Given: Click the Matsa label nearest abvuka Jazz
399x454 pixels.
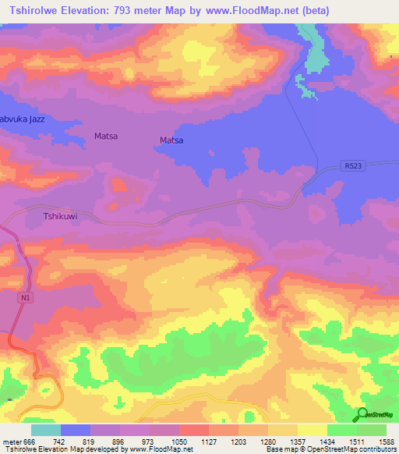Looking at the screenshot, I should click(x=105, y=136).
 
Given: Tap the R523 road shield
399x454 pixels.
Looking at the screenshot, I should click(x=353, y=165).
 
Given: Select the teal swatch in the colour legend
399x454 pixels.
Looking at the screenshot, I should click(x=45, y=431).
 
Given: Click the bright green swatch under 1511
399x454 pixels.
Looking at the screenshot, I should click(x=341, y=431).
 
